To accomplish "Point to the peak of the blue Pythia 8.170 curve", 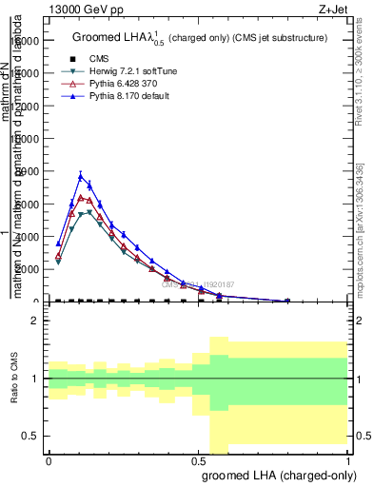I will pos(81,175).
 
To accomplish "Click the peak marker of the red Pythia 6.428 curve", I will pos(81,197).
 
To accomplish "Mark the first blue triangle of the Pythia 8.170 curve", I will pos(58,243).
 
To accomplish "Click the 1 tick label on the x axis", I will pos(349,460).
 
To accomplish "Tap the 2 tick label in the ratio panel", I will pos(34,321).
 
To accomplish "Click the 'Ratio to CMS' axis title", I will pos(15,380).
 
